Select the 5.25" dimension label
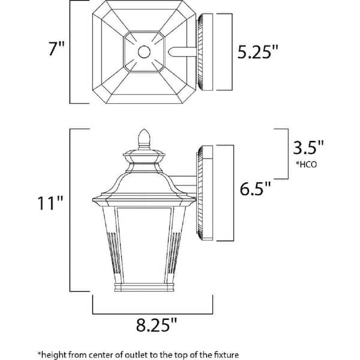[x=258, y=52]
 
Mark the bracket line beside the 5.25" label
[x=230, y=52]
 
